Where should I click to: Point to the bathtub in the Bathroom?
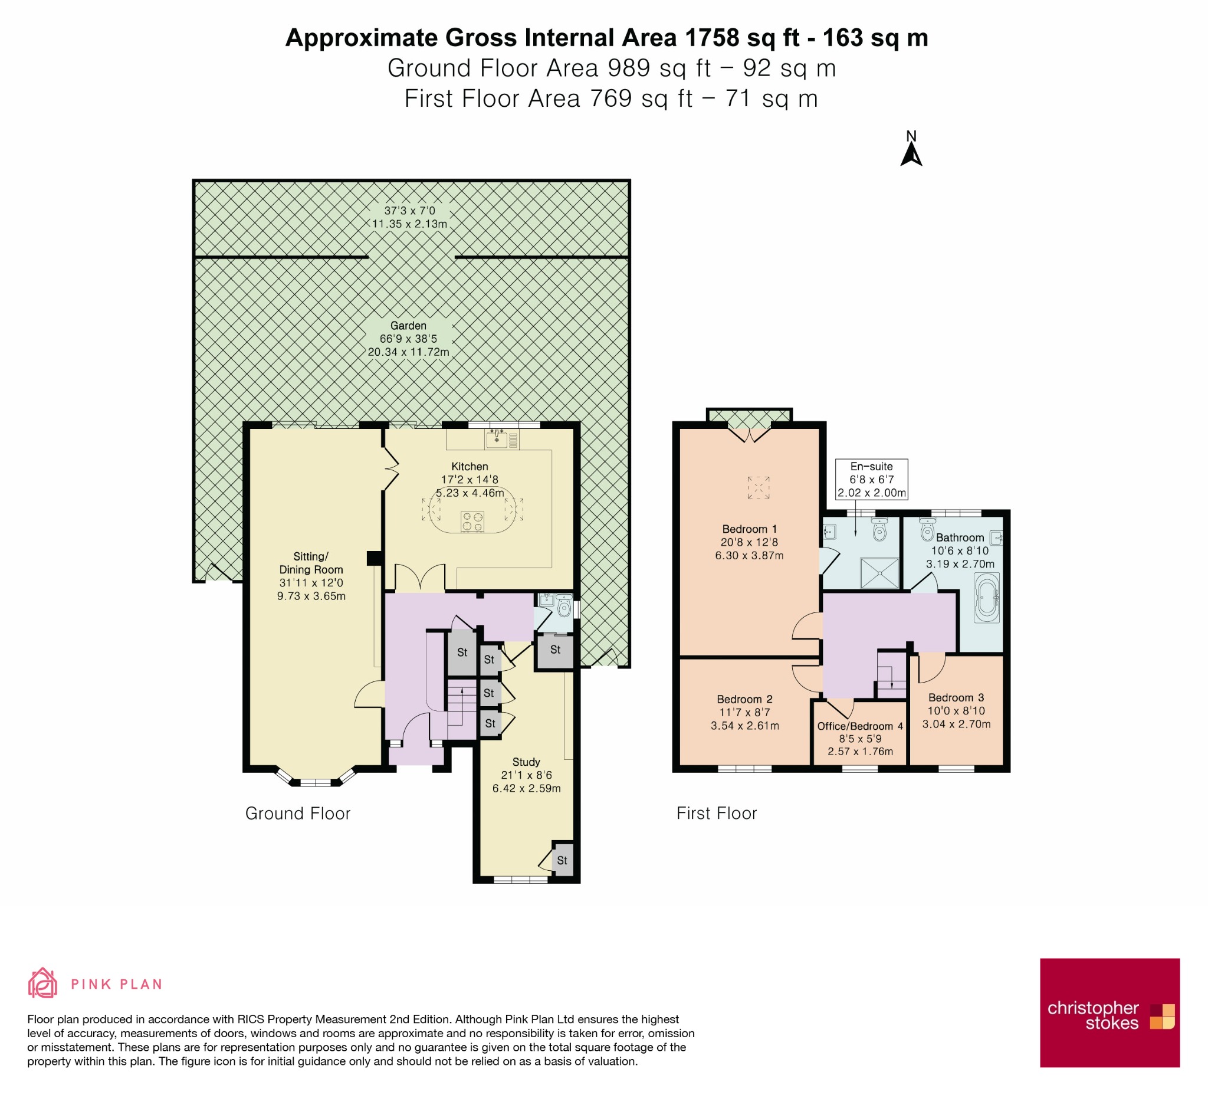pos(986,598)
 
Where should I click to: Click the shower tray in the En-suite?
pos(879,573)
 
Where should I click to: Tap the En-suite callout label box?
pos(871,480)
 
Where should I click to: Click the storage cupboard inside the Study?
pos(562,860)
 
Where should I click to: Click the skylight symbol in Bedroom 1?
pos(758,487)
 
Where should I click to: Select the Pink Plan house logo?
pos(42,983)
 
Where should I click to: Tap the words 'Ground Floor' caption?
pos(298,814)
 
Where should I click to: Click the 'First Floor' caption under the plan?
pos(717,814)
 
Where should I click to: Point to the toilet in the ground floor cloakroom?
pos(563,606)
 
